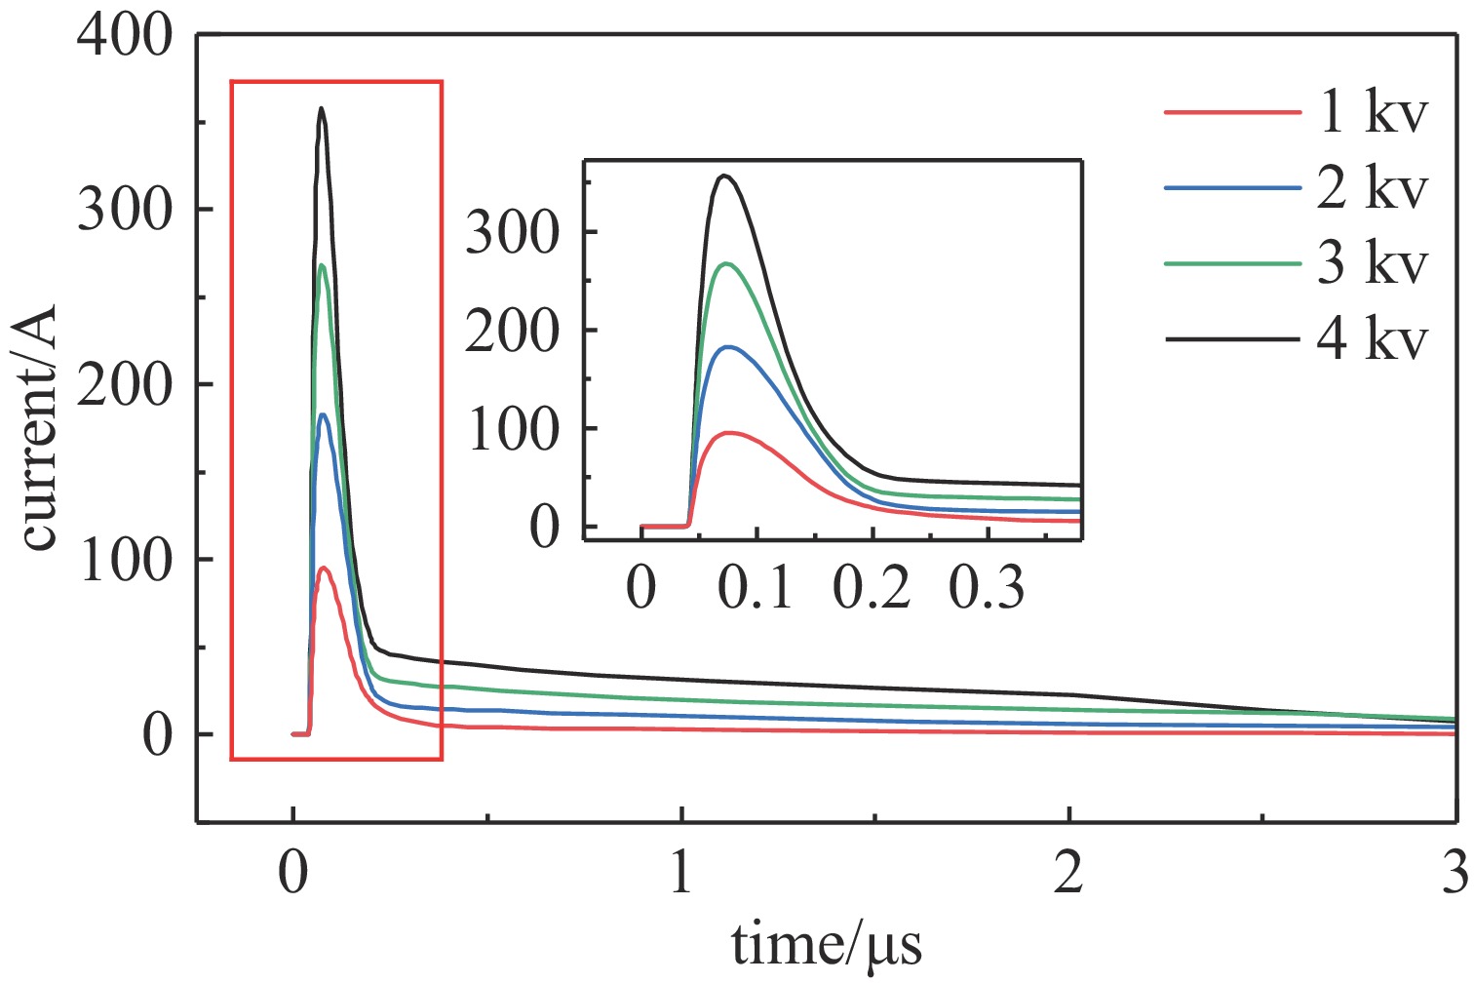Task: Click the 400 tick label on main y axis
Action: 125,39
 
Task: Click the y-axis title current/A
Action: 41,429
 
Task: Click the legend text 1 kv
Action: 1373,113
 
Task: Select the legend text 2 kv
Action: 1373,188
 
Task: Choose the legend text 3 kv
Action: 1373,263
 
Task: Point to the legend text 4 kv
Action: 1373,339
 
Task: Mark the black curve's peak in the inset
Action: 723,176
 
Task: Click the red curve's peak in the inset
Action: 727,432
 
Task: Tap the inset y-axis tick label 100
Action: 514,430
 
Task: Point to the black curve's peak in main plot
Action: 322,108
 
